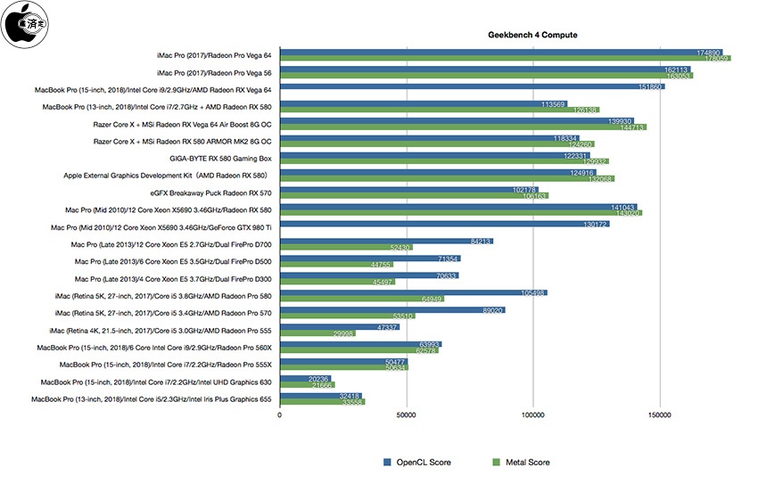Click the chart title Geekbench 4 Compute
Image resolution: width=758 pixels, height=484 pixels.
click(x=531, y=35)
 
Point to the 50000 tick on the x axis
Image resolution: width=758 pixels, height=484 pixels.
click(x=407, y=416)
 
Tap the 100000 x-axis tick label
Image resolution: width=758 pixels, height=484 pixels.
click(x=533, y=416)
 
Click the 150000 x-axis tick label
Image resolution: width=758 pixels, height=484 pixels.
click(x=660, y=416)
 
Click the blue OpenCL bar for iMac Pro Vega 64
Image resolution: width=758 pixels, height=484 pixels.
click(x=499, y=53)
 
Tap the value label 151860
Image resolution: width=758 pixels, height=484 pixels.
click(x=651, y=87)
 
